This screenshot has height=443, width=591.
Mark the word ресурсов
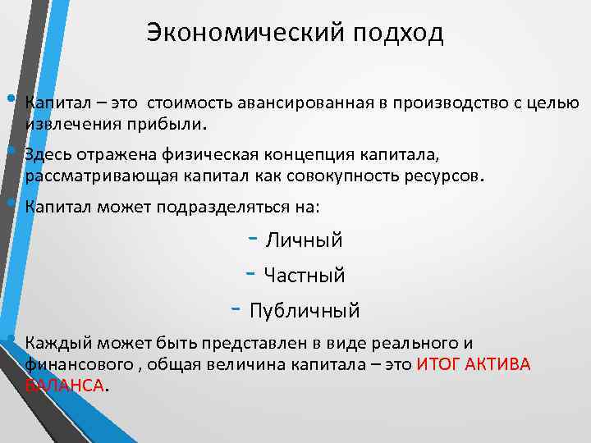click(447, 176)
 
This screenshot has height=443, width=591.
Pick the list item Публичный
click(305, 312)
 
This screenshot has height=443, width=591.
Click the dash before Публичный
click(235, 310)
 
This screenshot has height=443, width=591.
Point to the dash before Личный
click(253, 240)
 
